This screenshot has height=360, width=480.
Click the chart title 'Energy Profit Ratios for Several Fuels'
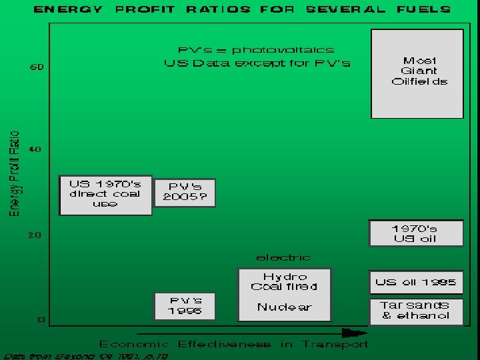241,9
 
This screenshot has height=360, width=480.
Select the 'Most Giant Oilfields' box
417,73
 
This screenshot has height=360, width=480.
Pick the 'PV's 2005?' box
185,192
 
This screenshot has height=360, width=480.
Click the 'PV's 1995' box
185,306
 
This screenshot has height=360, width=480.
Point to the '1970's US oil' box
416,233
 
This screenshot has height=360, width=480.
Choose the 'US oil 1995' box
416,282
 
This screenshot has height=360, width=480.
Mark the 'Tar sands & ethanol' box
416,311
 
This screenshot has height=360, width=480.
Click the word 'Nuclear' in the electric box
285,307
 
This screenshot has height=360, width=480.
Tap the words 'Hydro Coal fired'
285,281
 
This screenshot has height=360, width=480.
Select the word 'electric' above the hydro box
283,257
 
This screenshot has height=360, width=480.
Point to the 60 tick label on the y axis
35,67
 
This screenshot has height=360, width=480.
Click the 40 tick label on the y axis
35,149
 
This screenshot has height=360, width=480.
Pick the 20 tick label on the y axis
35,235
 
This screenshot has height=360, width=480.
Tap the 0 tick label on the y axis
40,320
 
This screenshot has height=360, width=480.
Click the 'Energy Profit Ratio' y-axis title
14,173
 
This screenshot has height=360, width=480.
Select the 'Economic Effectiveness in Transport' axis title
233,345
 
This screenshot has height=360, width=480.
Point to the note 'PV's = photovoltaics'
256,50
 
